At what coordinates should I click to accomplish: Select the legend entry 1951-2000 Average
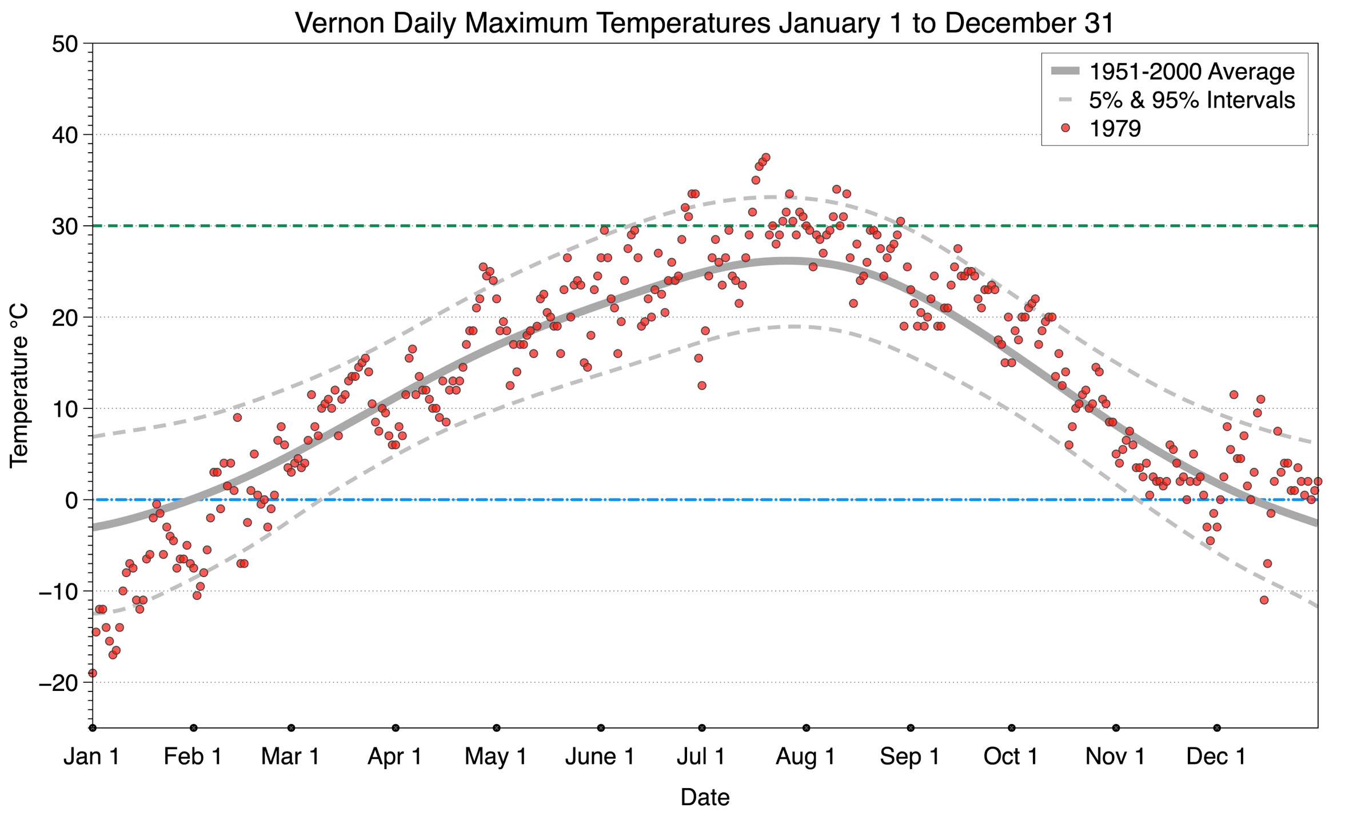(1191, 71)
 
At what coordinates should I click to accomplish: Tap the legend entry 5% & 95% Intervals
(1191, 100)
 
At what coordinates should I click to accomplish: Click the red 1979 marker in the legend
(1065, 128)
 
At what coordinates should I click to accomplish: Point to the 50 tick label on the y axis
(65, 44)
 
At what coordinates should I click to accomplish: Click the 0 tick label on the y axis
(71, 500)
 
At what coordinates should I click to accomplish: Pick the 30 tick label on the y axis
(65, 226)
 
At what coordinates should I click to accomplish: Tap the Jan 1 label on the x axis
(91, 757)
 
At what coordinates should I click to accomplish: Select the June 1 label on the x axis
(600, 757)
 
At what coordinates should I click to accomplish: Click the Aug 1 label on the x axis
(805, 757)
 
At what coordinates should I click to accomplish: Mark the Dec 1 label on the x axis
(1216, 757)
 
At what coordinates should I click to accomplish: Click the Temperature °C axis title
(19, 385)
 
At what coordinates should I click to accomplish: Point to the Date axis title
(704, 797)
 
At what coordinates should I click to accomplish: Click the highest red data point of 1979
(766, 157)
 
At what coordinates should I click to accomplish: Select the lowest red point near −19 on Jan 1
(93, 673)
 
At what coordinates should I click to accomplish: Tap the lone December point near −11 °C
(1264, 600)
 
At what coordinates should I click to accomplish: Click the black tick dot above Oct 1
(1012, 728)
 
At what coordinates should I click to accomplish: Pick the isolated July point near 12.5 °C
(702, 385)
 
